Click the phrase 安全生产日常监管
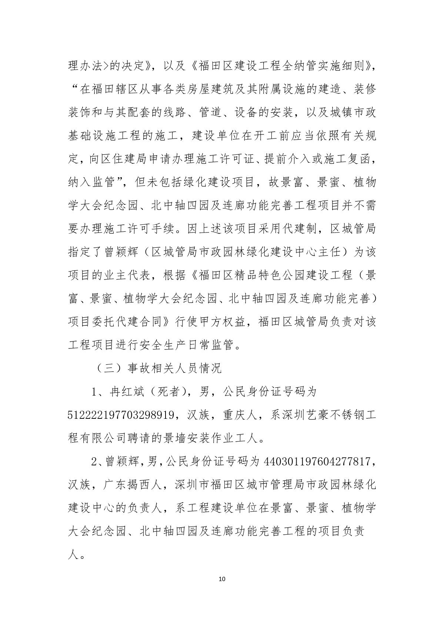point(187,345)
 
